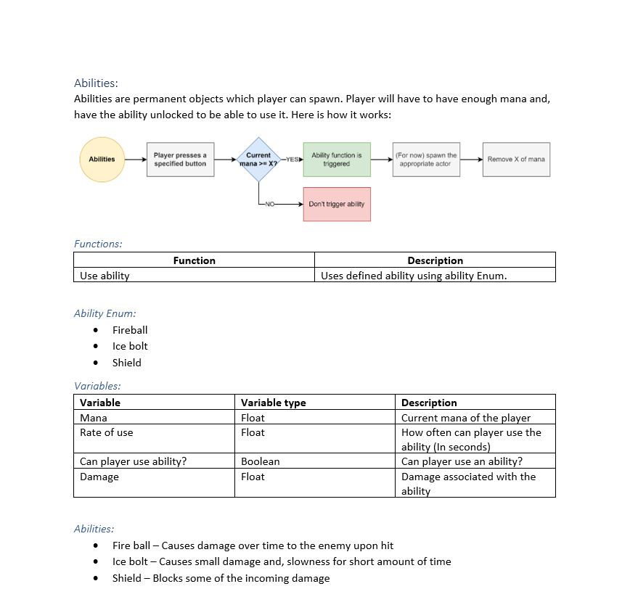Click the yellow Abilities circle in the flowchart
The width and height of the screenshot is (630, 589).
point(102,160)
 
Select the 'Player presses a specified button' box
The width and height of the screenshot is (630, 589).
point(180,160)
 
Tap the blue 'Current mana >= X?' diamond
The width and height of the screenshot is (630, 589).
point(258,160)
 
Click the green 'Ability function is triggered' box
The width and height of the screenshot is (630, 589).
point(337,160)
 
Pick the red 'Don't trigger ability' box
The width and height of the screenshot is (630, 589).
point(337,204)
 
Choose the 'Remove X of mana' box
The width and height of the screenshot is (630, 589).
point(516,160)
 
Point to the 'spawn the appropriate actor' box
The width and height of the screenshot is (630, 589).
point(426,160)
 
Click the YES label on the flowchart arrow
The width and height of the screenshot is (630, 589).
point(292,160)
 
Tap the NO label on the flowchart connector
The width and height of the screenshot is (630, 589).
point(271,204)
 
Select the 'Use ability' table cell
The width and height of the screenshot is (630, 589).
point(105,276)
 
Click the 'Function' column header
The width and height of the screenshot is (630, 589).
point(194,260)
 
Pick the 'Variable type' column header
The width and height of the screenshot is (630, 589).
point(273,403)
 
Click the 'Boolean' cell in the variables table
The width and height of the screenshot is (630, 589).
point(260,461)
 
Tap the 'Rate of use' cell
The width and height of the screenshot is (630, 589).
point(107,432)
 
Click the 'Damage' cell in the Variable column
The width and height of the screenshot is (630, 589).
point(99,477)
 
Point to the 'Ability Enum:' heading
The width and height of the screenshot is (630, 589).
point(105,313)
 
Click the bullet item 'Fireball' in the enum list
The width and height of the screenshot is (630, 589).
point(130,330)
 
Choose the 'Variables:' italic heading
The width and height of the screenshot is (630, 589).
point(97,386)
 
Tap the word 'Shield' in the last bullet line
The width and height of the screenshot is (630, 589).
point(127,578)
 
